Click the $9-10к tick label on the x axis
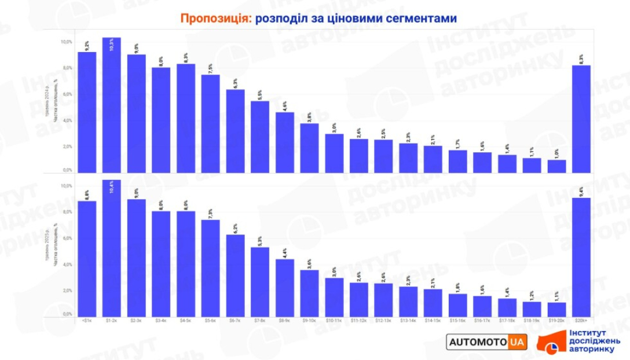(x=309, y=320)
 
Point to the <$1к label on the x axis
(x=87, y=320)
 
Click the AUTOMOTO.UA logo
(x=487, y=342)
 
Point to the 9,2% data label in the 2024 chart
(x=87, y=45)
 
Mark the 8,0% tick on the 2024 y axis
(x=67, y=68)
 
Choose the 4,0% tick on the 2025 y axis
(x=67, y=265)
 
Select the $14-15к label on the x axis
(x=433, y=320)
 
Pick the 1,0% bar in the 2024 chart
(x=556, y=166)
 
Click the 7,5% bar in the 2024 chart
(x=210, y=124)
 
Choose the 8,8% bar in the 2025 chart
(x=87, y=258)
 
